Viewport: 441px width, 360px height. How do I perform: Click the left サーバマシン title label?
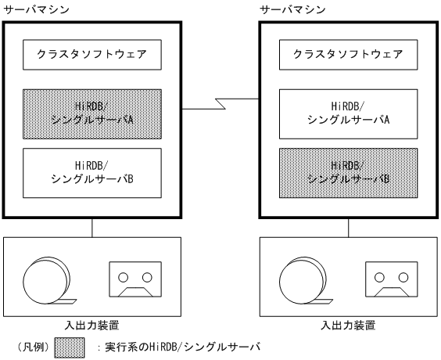(x=34, y=9)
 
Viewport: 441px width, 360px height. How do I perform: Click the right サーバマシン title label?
(x=292, y=9)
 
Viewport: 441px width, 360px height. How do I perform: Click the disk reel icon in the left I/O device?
(x=45, y=279)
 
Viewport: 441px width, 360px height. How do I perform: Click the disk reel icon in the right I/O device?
(x=302, y=279)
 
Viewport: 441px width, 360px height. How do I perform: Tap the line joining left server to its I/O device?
(x=93, y=227)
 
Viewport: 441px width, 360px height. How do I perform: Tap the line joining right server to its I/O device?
(x=349, y=227)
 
